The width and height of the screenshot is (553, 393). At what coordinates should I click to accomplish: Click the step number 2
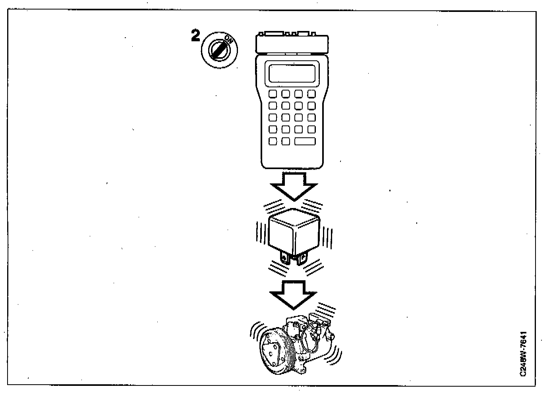(x=195, y=36)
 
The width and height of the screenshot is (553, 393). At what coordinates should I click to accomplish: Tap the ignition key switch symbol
(x=218, y=50)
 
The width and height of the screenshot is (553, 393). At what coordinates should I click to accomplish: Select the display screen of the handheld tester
(x=292, y=73)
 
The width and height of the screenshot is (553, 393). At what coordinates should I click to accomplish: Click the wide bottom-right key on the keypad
(x=305, y=141)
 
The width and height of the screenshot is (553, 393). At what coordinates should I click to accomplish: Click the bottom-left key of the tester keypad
(x=273, y=141)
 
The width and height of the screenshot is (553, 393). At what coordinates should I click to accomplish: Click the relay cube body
(x=294, y=232)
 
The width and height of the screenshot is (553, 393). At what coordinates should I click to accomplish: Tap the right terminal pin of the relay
(x=302, y=259)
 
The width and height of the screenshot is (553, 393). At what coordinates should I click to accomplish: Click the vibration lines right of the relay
(x=328, y=237)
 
